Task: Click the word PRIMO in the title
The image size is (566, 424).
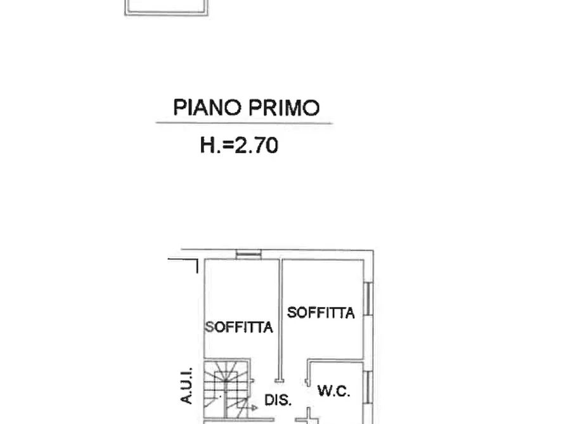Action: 283,108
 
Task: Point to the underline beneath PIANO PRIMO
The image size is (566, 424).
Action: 244,123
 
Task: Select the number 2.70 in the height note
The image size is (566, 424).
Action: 256,146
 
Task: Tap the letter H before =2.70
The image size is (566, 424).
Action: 208,146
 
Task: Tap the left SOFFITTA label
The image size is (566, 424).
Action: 239,327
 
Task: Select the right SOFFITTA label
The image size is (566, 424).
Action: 321,312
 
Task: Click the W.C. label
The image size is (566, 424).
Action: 334,392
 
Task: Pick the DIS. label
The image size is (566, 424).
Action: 278,400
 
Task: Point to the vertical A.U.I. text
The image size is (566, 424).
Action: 186,387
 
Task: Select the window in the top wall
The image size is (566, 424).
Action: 248,254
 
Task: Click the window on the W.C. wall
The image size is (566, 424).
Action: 367,386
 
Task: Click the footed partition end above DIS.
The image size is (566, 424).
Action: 280,380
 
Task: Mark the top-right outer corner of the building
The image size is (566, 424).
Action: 373,251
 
